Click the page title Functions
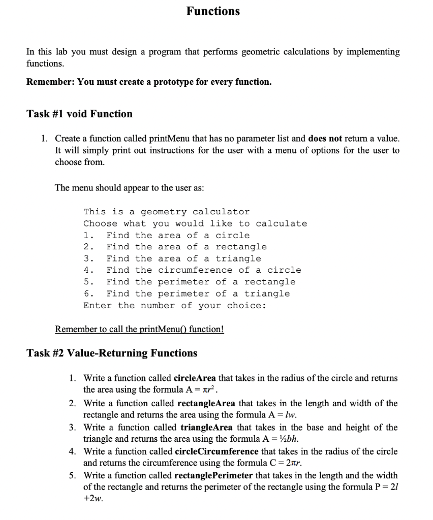212,11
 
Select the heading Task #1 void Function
79,114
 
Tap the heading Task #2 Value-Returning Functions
112,353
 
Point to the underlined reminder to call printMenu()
139,329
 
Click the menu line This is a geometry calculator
166,212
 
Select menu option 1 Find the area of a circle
167,235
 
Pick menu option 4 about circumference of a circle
192,270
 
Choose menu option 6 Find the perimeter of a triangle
187,294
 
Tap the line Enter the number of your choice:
175,305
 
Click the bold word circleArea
195,378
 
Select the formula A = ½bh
288,439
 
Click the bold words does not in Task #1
325,138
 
